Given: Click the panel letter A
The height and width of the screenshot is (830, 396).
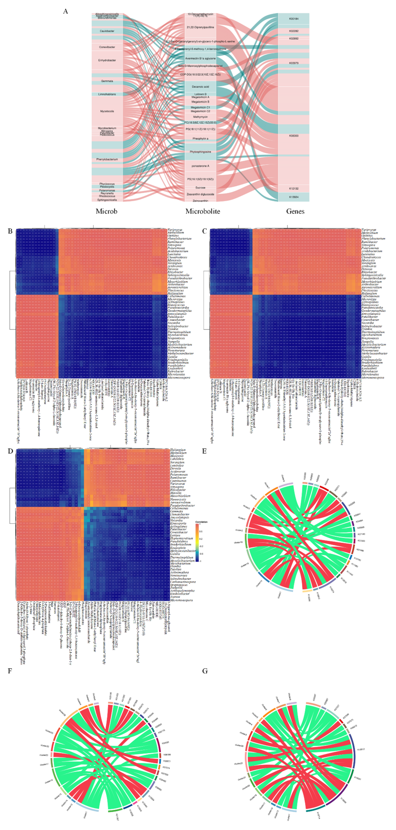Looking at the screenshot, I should pos(66,11).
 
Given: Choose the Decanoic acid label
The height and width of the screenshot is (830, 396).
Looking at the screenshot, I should pos(200,87).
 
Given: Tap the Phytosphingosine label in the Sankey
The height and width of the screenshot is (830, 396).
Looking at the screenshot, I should pos(200,152).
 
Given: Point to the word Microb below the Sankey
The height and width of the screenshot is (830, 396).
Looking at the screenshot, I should pos(106,211).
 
